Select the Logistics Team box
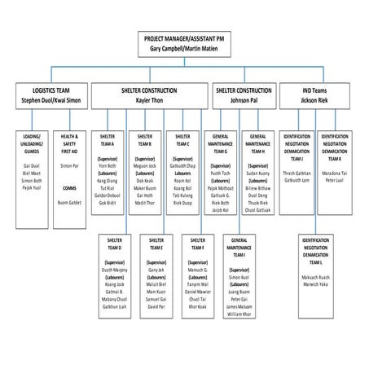(48, 94)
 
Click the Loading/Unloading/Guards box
(33, 172)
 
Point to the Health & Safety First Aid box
(74, 172)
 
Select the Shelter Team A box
(107, 172)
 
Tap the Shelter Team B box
(145, 172)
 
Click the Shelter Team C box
(182, 172)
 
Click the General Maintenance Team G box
(221, 172)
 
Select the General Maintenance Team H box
(259, 172)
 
